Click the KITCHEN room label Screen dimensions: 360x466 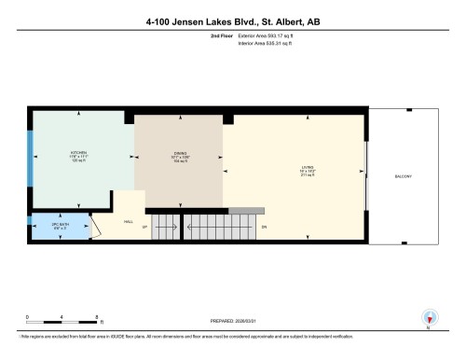[x=78, y=152]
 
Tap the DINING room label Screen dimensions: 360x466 [x=180, y=155]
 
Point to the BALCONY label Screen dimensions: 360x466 [x=404, y=177]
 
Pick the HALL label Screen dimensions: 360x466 [x=129, y=221]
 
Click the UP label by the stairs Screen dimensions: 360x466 [x=144, y=227]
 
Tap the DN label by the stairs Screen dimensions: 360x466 [x=264, y=227]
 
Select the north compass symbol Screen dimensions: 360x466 [x=429, y=317]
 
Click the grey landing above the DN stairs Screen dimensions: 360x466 [x=240, y=212]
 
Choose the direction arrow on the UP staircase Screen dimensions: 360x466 [x=166, y=227]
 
